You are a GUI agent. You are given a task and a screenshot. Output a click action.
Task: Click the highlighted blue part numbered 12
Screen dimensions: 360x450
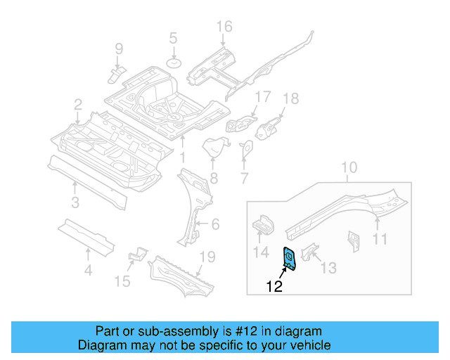coord(289,258)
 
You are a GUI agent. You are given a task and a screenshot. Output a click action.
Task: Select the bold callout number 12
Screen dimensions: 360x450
coord(275,286)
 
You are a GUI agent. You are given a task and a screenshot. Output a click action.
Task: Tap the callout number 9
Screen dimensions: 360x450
coord(119,49)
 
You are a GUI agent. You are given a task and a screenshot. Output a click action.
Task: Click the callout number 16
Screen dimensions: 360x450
coord(224,27)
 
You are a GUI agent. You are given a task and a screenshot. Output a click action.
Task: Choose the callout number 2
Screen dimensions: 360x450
coord(77,105)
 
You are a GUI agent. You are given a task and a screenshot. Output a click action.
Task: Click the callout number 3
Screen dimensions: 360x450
coord(75,205)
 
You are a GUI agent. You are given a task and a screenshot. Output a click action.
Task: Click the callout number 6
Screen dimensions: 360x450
coord(216,225)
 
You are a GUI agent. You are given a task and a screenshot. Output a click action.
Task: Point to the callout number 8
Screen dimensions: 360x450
coord(214,179)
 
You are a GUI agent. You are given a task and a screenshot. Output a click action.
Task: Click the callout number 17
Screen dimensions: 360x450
coord(262,96)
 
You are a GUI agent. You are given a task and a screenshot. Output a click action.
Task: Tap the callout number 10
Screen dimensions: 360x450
coord(349,168)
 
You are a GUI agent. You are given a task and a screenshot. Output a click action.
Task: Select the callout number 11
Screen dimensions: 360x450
coord(379,240)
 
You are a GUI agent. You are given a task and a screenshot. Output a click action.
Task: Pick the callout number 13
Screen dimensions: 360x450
coord(328,267)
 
